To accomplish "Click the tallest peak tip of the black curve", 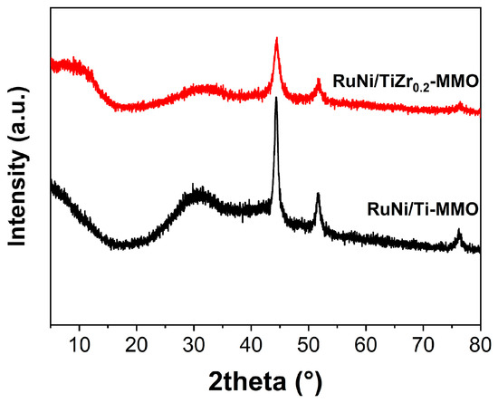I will (x=275, y=98).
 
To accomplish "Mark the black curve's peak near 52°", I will (x=318, y=194).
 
